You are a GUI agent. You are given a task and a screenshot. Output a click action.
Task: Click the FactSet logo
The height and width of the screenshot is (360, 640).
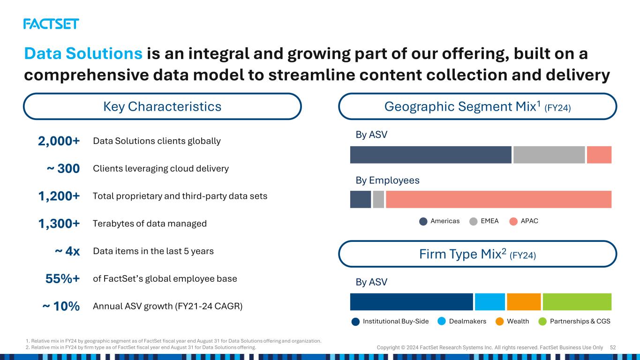point(51,24)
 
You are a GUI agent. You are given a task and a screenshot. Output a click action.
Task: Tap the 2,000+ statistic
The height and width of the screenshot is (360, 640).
point(59,141)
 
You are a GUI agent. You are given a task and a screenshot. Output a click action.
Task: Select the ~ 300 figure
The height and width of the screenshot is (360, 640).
point(63,169)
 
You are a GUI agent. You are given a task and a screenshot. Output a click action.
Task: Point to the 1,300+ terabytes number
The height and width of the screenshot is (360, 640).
point(59,224)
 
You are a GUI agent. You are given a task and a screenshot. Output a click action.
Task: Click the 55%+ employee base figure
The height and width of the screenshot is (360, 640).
point(62,279)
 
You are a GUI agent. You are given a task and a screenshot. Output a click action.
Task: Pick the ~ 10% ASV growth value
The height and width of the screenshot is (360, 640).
point(61,306)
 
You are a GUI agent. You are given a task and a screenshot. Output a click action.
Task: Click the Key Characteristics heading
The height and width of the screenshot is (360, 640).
point(162,106)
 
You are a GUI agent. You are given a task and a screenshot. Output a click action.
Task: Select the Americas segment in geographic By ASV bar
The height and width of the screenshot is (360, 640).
point(430,155)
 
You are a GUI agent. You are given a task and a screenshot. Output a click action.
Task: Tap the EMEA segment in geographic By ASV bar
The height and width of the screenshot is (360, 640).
point(549,155)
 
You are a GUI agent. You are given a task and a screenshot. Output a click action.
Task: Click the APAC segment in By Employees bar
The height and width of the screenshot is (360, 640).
point(498,199)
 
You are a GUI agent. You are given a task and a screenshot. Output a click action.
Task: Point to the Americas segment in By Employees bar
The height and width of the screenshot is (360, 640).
point(361,199)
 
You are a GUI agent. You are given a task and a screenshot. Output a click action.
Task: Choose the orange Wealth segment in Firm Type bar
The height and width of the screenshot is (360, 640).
point(524,302)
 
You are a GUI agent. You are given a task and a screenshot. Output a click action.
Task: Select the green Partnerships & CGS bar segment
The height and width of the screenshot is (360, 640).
point(577,302)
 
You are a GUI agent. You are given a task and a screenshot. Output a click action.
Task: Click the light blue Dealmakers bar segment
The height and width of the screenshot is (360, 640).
point(489,302)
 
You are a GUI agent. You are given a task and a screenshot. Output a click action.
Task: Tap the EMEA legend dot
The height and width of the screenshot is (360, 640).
point(474,221)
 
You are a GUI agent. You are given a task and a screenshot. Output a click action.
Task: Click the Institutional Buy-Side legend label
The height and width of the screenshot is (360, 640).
point(396,322)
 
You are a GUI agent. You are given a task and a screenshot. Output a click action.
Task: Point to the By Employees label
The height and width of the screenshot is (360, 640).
point(387,180)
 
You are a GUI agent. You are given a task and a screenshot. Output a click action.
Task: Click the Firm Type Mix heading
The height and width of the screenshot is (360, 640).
point(477,254)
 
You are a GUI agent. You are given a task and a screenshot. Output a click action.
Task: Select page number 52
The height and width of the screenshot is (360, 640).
point(613,347)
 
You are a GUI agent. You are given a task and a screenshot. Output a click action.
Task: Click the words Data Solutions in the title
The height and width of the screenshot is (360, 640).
point(83,53)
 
